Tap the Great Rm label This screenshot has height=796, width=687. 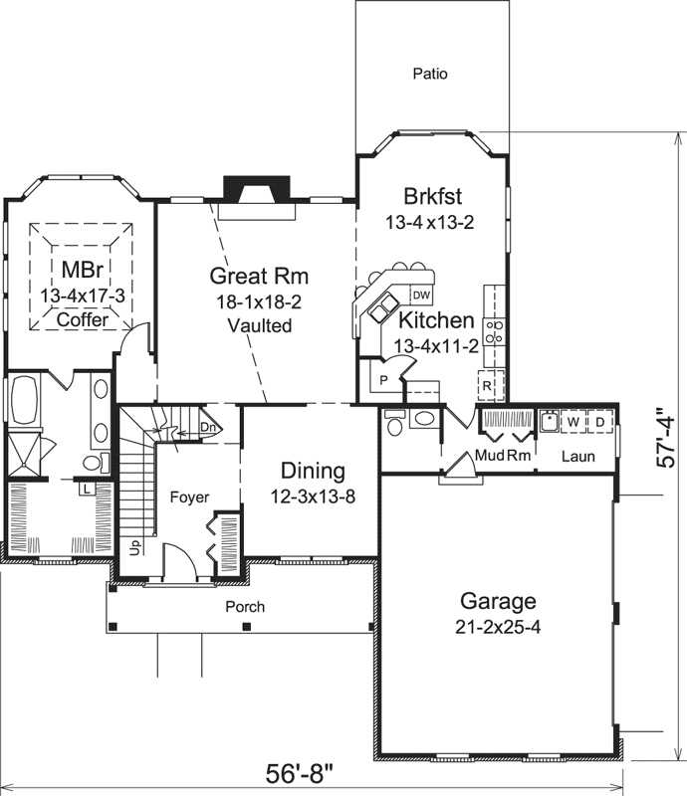coord(259,276)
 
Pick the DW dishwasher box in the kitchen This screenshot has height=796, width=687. coord(421,295)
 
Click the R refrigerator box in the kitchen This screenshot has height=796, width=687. coord(489,384)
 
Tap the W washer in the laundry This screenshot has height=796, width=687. coord(573,422)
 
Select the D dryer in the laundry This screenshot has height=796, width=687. coord(600,422)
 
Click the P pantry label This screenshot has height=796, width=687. coord(381,382)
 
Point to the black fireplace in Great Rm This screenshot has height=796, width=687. coord(255,189)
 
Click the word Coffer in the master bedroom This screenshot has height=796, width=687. coord(82,320)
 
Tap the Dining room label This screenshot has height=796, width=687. coord(313,471)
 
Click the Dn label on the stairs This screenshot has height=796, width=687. coord(207,428)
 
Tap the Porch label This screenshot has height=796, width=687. coord(245,606)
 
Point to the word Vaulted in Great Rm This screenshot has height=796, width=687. coord(259,325)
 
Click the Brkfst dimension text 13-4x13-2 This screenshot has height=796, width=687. coord(429,223)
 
